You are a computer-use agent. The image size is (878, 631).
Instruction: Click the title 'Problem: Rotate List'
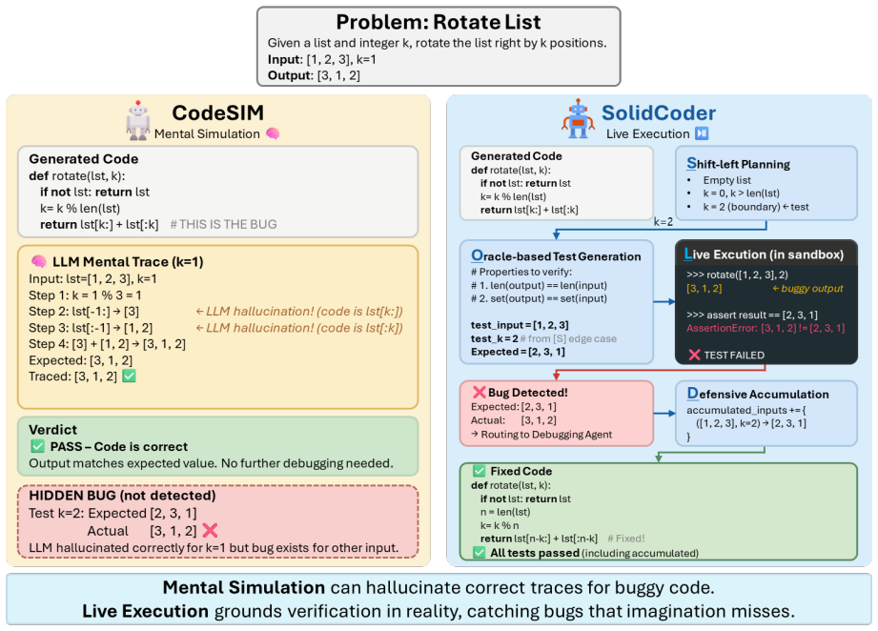coord(439,22)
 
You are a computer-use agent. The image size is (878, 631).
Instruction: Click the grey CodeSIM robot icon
coord(137,120)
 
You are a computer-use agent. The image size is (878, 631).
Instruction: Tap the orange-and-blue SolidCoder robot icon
coord(578,119)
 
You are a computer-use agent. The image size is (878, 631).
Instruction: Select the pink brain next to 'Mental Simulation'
coord(273,133)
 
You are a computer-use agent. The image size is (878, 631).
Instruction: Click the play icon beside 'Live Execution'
coord(702,133)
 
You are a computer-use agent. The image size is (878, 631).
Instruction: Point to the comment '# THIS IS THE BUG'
coord(223,225)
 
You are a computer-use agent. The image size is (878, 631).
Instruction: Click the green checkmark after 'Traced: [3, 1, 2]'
coord(130,376)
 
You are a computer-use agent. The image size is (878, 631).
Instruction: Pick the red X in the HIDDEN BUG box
coord(210,530)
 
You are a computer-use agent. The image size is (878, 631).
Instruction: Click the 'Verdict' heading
coord(52,430)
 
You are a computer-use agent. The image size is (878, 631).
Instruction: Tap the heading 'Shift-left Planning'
coord(738,164)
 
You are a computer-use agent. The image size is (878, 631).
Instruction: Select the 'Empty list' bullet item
coord(726,180)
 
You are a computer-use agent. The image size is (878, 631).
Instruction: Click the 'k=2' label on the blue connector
coord(663,222)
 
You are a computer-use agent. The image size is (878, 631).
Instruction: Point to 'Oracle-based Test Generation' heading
coord(556,256)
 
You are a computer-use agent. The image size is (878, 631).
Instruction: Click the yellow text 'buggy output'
coord(812,289)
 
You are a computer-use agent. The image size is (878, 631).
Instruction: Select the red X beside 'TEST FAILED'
coord(694,355)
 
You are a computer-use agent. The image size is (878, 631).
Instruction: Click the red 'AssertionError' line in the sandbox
coord(766,328)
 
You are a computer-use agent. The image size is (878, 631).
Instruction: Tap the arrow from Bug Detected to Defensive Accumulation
coord(664,414)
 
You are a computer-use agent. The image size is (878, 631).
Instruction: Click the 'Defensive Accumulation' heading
coord(758,394)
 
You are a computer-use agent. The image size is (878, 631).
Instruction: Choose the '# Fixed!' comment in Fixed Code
coord(626,539)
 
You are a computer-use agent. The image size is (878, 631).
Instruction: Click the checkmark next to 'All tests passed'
coord(479,553)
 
